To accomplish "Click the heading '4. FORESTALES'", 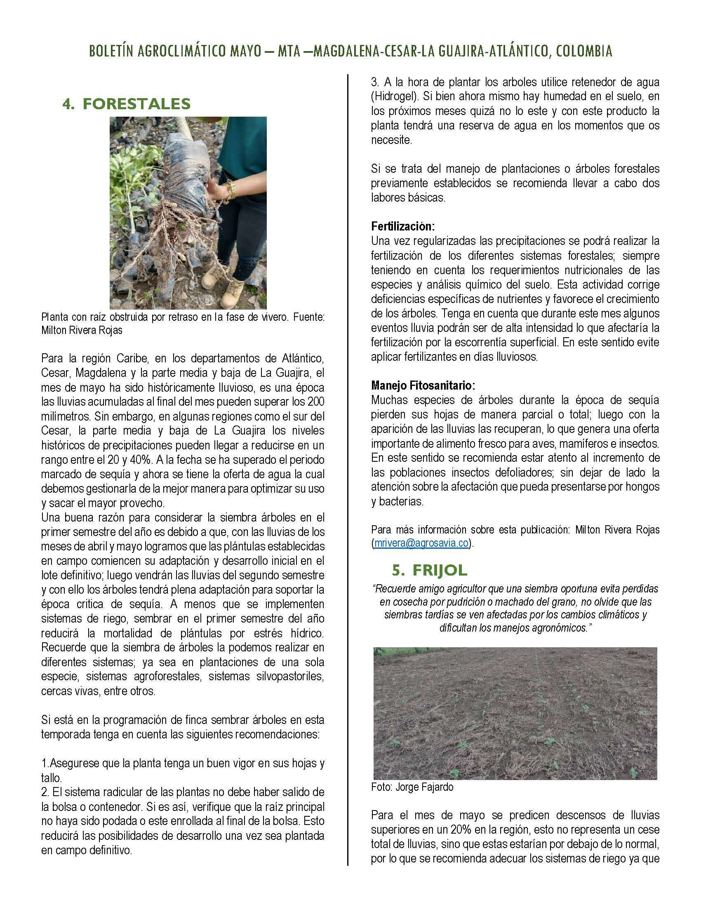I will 126,104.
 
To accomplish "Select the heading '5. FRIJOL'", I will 430,570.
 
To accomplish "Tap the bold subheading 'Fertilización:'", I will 403,226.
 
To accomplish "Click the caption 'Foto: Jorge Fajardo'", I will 412,787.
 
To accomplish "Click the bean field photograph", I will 515,713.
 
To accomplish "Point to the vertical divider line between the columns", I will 348,457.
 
